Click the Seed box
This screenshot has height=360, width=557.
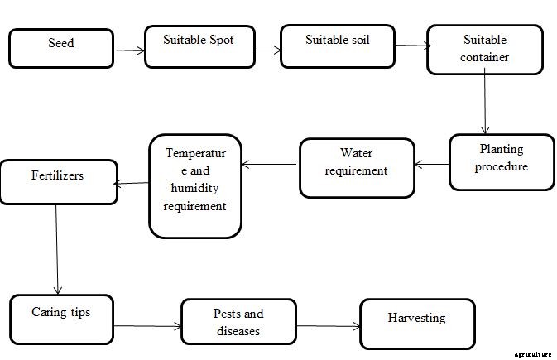[x=60, y=47]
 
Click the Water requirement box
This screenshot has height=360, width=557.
[x=357, y=166]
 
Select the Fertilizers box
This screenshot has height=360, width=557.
[x=58, y=181]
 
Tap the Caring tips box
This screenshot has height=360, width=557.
[x=61, y=319]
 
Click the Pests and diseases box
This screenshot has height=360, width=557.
[x=238, y=323]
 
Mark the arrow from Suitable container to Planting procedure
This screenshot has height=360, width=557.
[x=484, y=104]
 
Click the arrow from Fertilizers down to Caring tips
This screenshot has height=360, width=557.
[x=56, y=248]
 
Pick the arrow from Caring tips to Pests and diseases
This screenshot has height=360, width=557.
[x=146, y=326]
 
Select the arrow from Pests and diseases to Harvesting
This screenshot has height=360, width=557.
[x=328, y=326]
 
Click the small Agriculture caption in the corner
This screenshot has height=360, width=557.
[x=532, y=353]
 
